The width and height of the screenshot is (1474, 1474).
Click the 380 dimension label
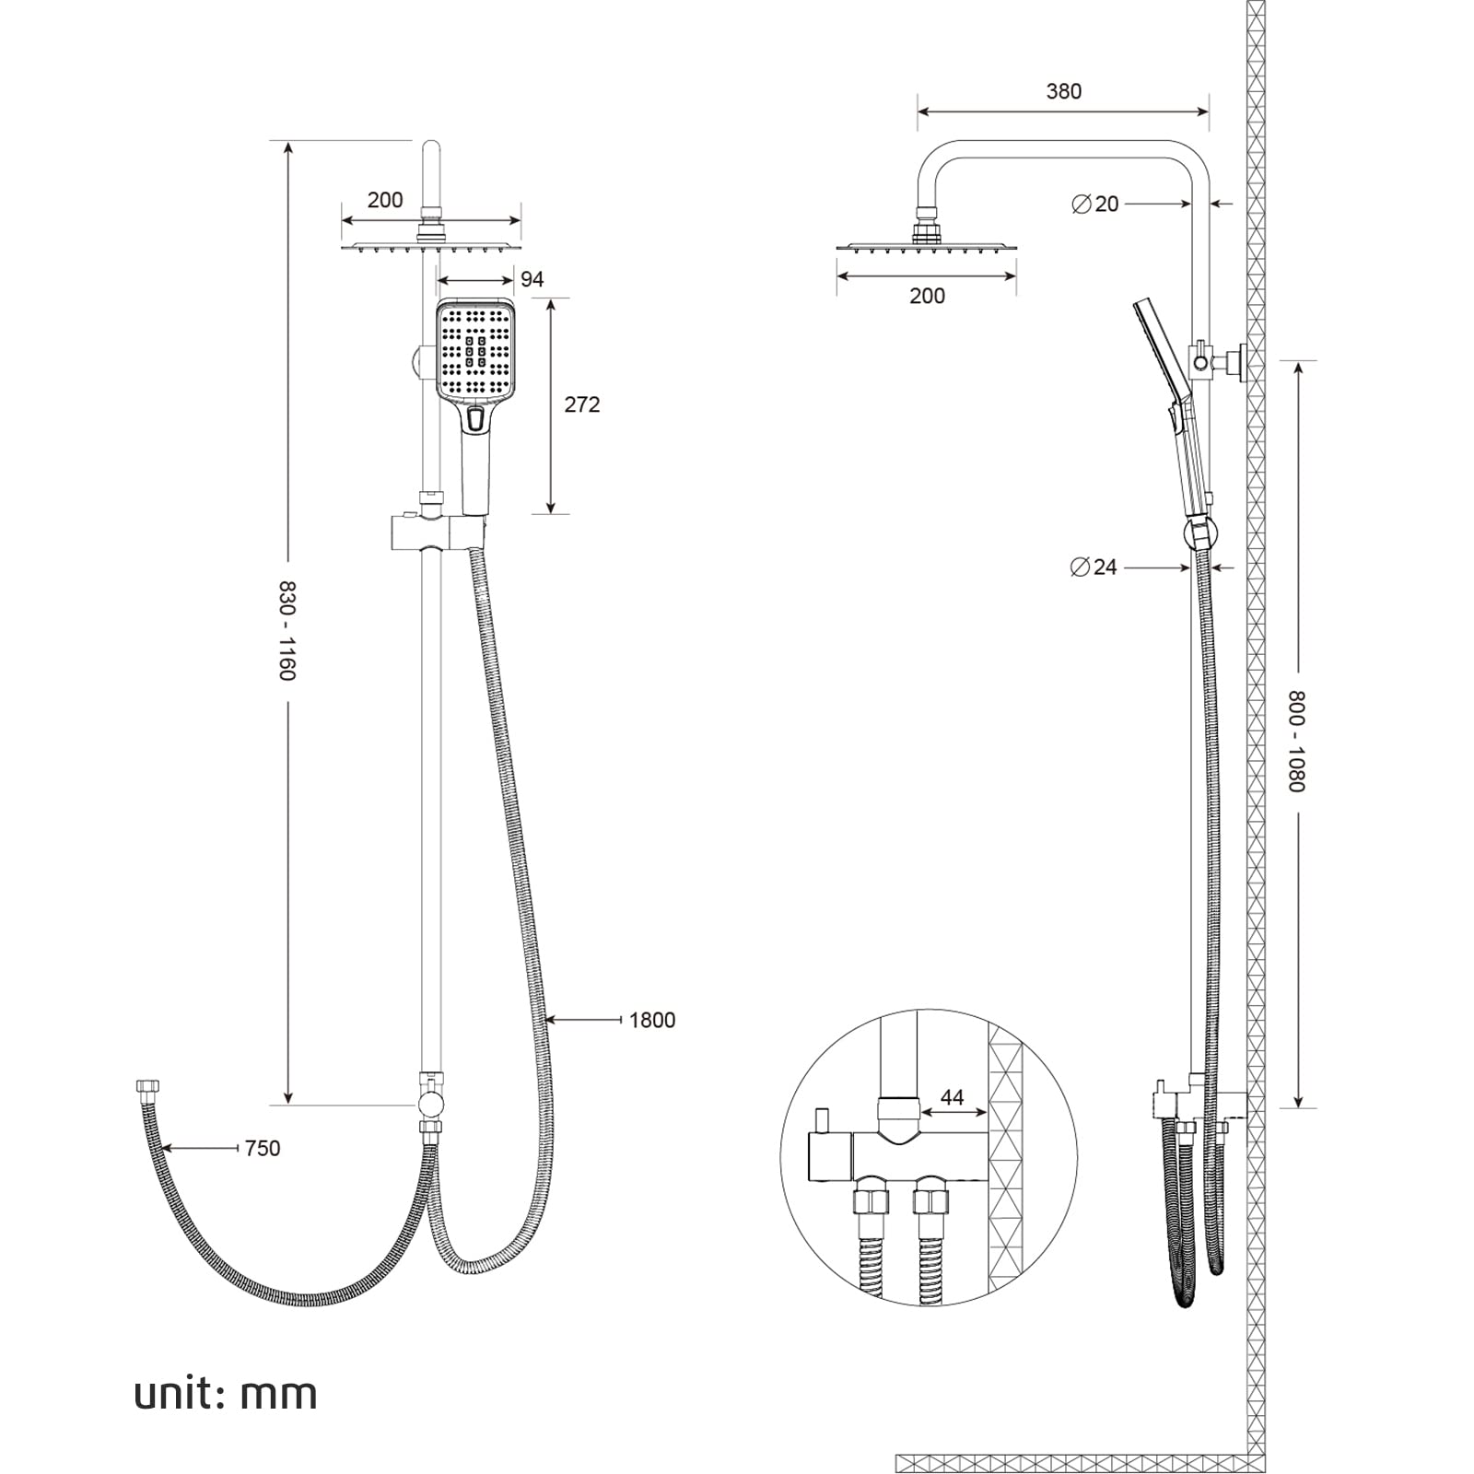1063,91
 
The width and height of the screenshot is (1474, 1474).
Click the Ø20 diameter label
1095,204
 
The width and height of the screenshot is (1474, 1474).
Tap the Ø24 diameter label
1094,567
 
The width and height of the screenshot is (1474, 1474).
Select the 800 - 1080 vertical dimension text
1297,741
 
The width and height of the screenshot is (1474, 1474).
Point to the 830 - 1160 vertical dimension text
287,631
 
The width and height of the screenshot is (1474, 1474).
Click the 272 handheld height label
581,404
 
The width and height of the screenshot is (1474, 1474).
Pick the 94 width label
532,279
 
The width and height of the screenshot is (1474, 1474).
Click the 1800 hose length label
652,1020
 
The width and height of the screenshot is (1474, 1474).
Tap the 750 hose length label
263,1148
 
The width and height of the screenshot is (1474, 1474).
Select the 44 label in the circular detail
952,1097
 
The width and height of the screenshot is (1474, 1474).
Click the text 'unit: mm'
226,1394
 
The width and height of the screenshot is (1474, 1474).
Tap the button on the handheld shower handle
474,420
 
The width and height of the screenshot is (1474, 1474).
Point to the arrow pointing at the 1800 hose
580,1020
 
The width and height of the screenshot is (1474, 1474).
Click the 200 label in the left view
385,200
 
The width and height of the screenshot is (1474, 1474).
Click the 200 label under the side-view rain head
927,296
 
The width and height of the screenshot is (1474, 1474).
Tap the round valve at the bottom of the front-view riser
430,1104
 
